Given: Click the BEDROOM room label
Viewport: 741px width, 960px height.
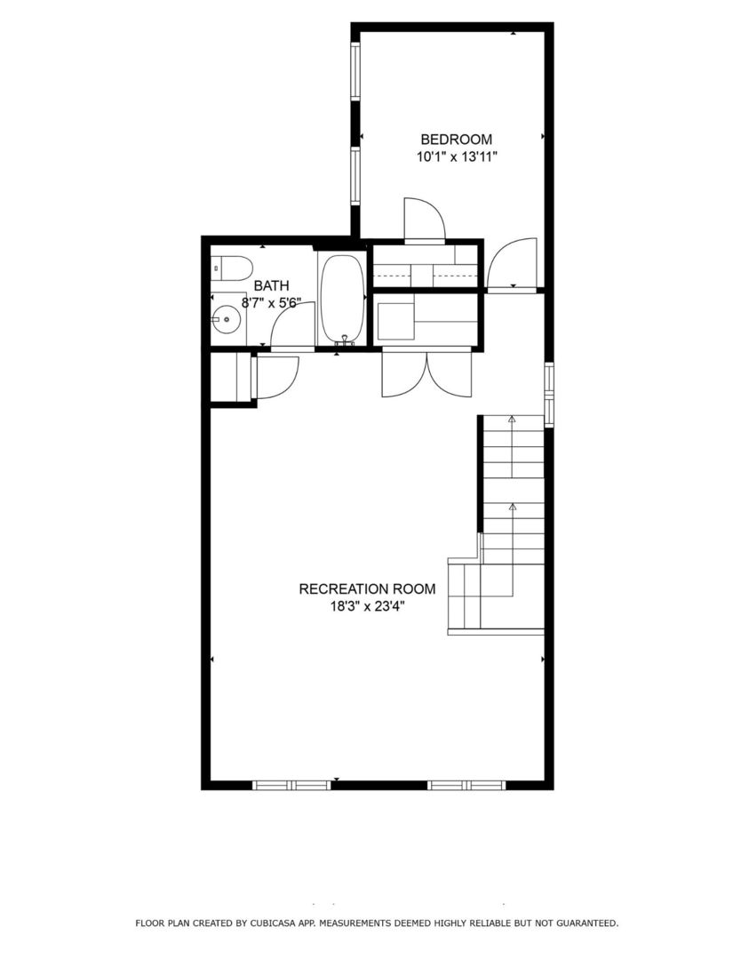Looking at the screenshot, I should [x=456, y=139].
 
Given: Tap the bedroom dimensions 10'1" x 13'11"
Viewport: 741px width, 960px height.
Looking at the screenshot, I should [x=456, y=157].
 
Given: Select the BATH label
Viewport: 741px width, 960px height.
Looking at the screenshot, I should [x=271, y=285].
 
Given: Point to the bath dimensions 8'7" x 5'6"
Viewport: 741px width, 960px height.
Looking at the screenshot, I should [x=271, y=302].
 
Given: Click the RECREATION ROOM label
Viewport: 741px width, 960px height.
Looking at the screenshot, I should [x=367, y=588].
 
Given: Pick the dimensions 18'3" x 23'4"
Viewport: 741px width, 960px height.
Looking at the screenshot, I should [x=367, y=607].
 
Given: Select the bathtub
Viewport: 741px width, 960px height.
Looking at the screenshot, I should [x=340, y=298].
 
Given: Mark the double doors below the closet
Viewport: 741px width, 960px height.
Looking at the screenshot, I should [x=427, y=375].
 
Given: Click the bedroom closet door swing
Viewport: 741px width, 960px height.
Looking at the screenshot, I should [x=424, y=219].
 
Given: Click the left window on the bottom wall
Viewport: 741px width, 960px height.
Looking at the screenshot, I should [x=291, y=785].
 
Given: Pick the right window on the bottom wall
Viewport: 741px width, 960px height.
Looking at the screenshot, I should [x=466, y=785].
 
